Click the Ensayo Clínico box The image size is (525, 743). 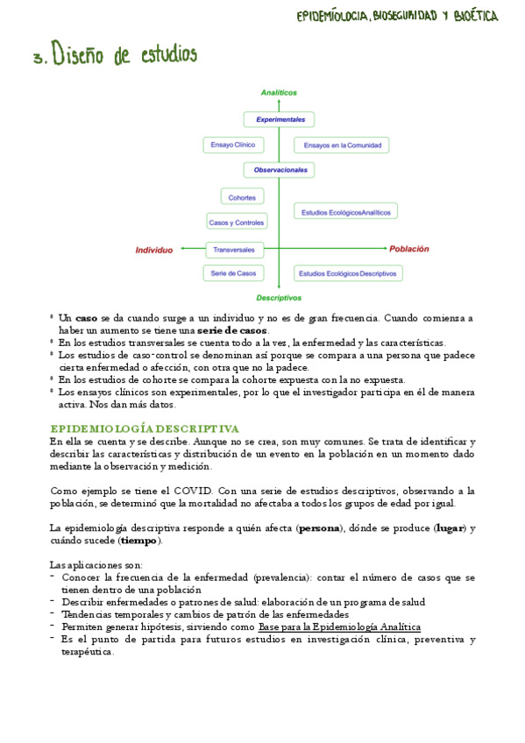click(232, 145)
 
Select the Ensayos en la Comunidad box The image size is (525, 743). click(341, 145)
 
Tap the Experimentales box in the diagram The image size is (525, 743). click(280, 119)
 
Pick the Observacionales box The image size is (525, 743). click(280, 169)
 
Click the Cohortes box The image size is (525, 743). click(243, 197)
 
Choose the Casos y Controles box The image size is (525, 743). click(237, 223)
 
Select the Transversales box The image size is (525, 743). click(234, 250)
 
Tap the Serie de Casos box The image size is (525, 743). click(234, 273)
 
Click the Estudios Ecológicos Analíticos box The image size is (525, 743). click(346, 212)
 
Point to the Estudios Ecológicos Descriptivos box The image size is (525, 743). click(348, 273)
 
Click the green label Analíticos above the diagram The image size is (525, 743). click(279, 92)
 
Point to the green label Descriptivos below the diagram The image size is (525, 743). click(279, 298)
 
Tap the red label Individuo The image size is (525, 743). click(154, 251)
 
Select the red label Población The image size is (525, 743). click(409, 249)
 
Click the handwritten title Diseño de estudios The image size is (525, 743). click(124, 56)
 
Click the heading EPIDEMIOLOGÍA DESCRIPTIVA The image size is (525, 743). click(145, 428)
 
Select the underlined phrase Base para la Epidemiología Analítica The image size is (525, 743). click(339, 627)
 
